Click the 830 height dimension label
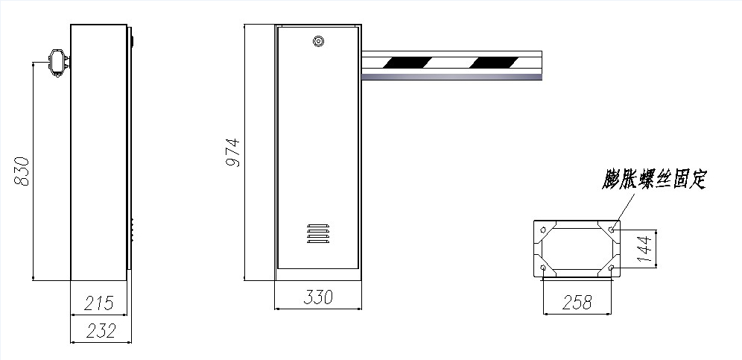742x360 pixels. (22, 171)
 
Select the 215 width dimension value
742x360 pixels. (99, 303)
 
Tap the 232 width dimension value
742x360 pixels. (101, 331)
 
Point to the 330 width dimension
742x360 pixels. (318, 297)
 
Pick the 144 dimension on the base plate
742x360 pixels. (644, 248)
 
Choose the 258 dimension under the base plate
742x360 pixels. (577, 302)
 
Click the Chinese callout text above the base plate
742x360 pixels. (654, 179)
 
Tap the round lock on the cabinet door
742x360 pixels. (318, 41)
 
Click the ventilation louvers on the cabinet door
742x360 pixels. (318, 233)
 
